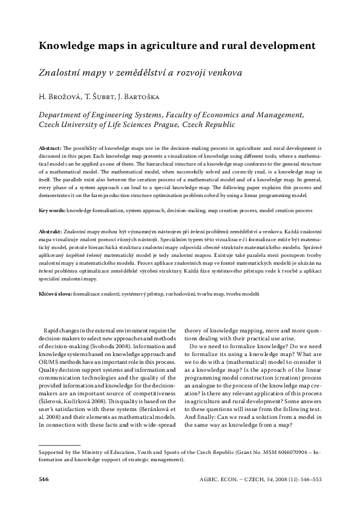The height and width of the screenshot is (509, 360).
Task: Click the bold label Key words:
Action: coord(52,211)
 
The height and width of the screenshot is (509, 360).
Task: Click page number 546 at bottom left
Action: coord(43,479)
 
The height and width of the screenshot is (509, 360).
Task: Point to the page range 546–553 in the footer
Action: coord(309,479)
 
